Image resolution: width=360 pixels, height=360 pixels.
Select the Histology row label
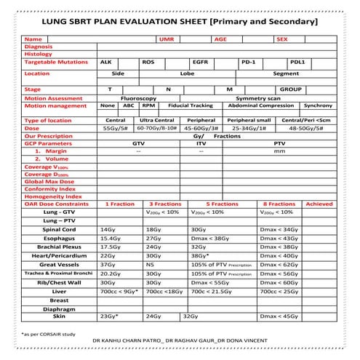[39, 55]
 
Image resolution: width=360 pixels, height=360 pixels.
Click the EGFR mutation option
[200, 63]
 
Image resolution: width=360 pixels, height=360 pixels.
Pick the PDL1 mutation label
[297, 63]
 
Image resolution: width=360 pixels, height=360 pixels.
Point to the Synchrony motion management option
[318, 105]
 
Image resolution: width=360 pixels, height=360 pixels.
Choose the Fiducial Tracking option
[191, 105]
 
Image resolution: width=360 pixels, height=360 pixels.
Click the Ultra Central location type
[156, 120]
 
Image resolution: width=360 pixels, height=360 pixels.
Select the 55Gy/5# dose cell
[116, 128]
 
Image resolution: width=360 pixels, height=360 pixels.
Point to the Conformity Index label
[50, 188]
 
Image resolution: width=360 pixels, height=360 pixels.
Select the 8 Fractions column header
[279, 204]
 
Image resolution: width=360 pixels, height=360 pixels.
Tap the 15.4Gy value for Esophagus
[111, 239]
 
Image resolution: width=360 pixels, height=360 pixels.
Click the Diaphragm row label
[60, 308]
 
